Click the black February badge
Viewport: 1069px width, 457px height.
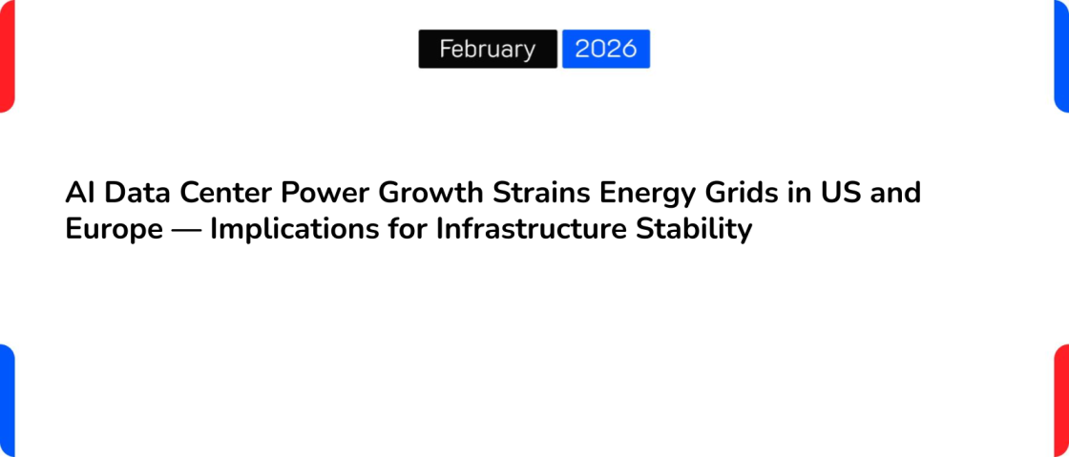click(488, 49)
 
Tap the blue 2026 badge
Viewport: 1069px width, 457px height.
click(606, 49)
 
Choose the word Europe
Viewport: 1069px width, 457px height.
click(114, 230)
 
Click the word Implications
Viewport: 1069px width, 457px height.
click(293, 230)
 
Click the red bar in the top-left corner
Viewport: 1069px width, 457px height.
click(7, 55)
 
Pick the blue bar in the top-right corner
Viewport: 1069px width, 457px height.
click(1061, 55)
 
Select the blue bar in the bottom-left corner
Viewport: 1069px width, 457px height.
click(7, 401)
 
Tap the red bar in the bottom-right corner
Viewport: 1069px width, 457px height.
click(1061, 401)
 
